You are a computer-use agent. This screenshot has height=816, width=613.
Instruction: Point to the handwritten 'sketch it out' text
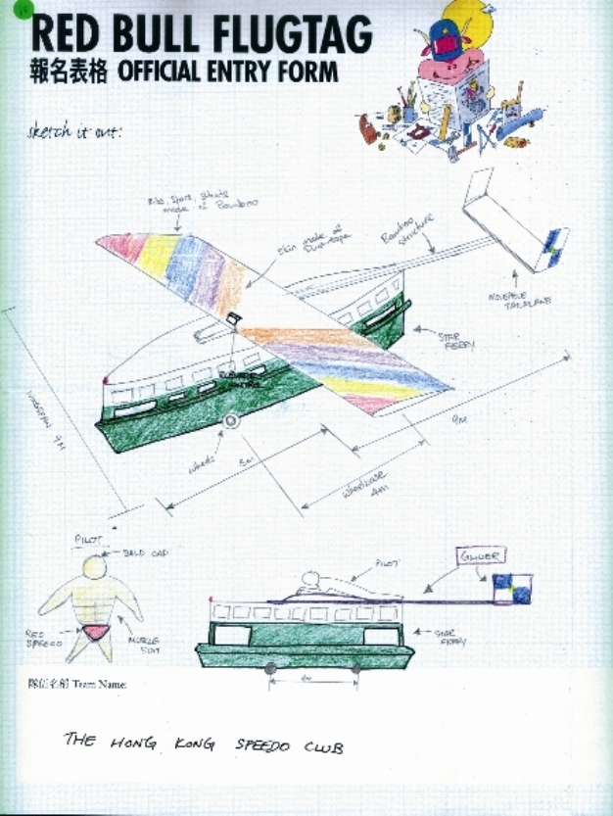tap(74, 132)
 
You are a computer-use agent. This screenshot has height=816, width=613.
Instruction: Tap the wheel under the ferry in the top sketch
tap(232, 422)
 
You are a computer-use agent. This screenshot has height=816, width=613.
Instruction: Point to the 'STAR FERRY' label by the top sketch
tap(453, 338)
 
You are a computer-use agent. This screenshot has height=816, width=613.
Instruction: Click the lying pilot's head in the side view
tap(311, 578)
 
